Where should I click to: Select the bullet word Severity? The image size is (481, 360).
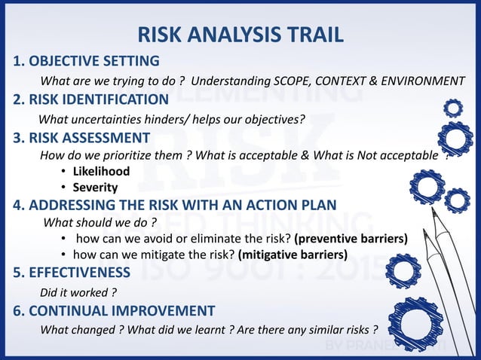click(95, 187)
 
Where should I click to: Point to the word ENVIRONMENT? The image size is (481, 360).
click(424, 81)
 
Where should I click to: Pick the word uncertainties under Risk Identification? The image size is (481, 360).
click(106, 119)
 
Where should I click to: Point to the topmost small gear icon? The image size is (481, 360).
click(453, 108)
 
